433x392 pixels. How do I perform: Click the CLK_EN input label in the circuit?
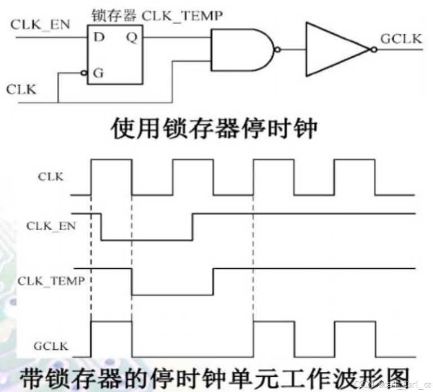(39, 25)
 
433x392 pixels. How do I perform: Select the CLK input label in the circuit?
(21, 89)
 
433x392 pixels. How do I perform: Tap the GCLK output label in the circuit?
(401, 39)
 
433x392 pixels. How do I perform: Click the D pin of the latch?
(99, 38)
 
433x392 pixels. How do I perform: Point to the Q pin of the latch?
(131, 38)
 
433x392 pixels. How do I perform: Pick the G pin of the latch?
(99, 74)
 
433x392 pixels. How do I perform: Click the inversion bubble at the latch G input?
(83, 73)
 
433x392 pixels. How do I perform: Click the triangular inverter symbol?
(335, 49)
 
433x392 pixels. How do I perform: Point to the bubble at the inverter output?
(373, 49)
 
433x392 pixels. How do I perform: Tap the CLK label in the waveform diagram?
(51, 177)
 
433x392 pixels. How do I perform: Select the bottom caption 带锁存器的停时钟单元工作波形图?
(214, 376)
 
